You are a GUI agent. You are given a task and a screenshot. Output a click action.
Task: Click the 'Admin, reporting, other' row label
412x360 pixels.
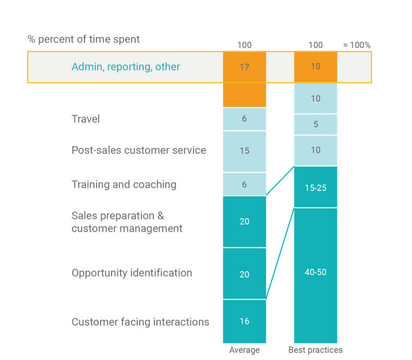[126, 67]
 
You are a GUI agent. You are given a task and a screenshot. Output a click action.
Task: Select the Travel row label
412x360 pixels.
[86, 119]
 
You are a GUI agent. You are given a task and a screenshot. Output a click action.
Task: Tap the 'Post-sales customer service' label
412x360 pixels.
[139, 150]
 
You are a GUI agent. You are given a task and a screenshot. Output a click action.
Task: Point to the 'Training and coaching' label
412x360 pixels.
[124, 184]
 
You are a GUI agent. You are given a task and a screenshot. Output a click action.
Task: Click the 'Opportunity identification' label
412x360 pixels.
[131, 272]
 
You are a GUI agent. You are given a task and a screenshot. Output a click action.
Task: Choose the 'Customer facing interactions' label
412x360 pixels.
[140, 321]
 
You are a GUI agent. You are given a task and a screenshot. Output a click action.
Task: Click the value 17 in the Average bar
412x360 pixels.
[244, 67]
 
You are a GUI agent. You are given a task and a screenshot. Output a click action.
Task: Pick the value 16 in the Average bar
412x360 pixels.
[244, 321]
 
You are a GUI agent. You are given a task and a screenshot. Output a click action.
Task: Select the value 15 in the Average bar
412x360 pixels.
[244, 151]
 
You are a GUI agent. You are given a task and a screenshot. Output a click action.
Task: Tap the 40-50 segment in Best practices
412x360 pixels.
[316, 272]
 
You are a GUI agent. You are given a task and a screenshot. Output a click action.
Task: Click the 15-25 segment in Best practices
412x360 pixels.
[316, 188]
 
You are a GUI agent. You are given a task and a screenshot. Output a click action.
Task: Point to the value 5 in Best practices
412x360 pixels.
[316, 125]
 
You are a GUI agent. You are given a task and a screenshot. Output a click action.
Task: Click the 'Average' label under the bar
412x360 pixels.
[244, 350]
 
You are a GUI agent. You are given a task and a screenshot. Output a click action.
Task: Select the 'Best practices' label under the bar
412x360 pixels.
[316, 350]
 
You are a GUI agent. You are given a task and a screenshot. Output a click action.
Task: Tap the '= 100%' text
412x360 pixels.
[357, 45]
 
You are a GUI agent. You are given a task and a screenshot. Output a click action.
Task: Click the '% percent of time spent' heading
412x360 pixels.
[83, 39]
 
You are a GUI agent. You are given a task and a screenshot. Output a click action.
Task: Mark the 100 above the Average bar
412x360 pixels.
[244, 45]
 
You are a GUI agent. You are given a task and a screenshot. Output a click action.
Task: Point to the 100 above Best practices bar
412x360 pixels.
[316, 45]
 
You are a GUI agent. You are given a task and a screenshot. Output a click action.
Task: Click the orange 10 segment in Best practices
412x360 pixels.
[316, 67]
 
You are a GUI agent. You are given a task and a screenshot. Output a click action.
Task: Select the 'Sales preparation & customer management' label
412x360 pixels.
[127, 222]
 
